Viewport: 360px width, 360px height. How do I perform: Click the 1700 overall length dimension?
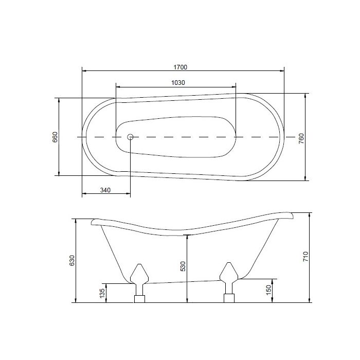tap(180, 66)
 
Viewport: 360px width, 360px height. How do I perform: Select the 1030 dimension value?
tap(177, 82)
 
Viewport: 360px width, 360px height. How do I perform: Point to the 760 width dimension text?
tap(302, 139)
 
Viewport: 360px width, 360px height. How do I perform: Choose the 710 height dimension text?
tap(305, 257)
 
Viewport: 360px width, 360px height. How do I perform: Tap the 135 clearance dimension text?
tap(102, 294)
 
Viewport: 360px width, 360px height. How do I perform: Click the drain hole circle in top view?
tap(130, 137)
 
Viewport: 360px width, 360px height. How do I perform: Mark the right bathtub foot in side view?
tap(228, 276)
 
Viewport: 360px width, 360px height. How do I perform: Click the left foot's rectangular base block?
tap(139, 299)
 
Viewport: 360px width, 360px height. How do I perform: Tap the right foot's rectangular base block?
tap(228, 299)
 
